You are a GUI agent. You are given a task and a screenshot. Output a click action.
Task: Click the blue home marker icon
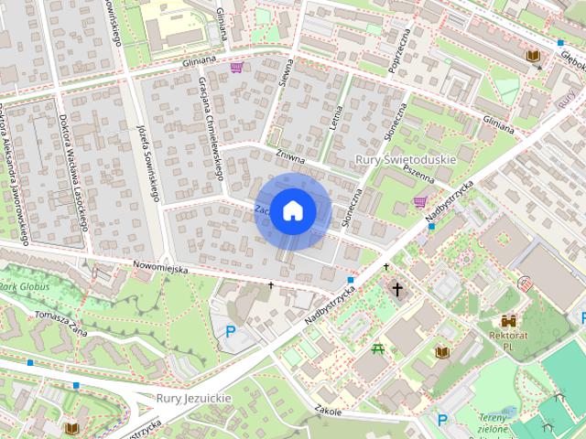(292, 210)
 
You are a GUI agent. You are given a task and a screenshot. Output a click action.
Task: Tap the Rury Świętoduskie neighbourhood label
(405, 159)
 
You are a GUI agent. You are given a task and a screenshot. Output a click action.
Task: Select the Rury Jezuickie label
(194, 399)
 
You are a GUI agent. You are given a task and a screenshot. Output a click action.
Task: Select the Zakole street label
(327, 411)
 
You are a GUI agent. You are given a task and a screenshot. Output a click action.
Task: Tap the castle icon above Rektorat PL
(508, 321)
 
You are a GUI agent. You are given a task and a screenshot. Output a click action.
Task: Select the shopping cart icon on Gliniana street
(237, 67)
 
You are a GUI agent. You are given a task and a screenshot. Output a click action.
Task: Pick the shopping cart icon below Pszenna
(419, 202)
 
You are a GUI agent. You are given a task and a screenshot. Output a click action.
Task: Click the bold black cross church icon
(397, 290)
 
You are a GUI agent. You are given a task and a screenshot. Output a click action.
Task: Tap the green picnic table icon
(377, 348)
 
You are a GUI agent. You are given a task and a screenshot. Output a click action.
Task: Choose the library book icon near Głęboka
(532, 56)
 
